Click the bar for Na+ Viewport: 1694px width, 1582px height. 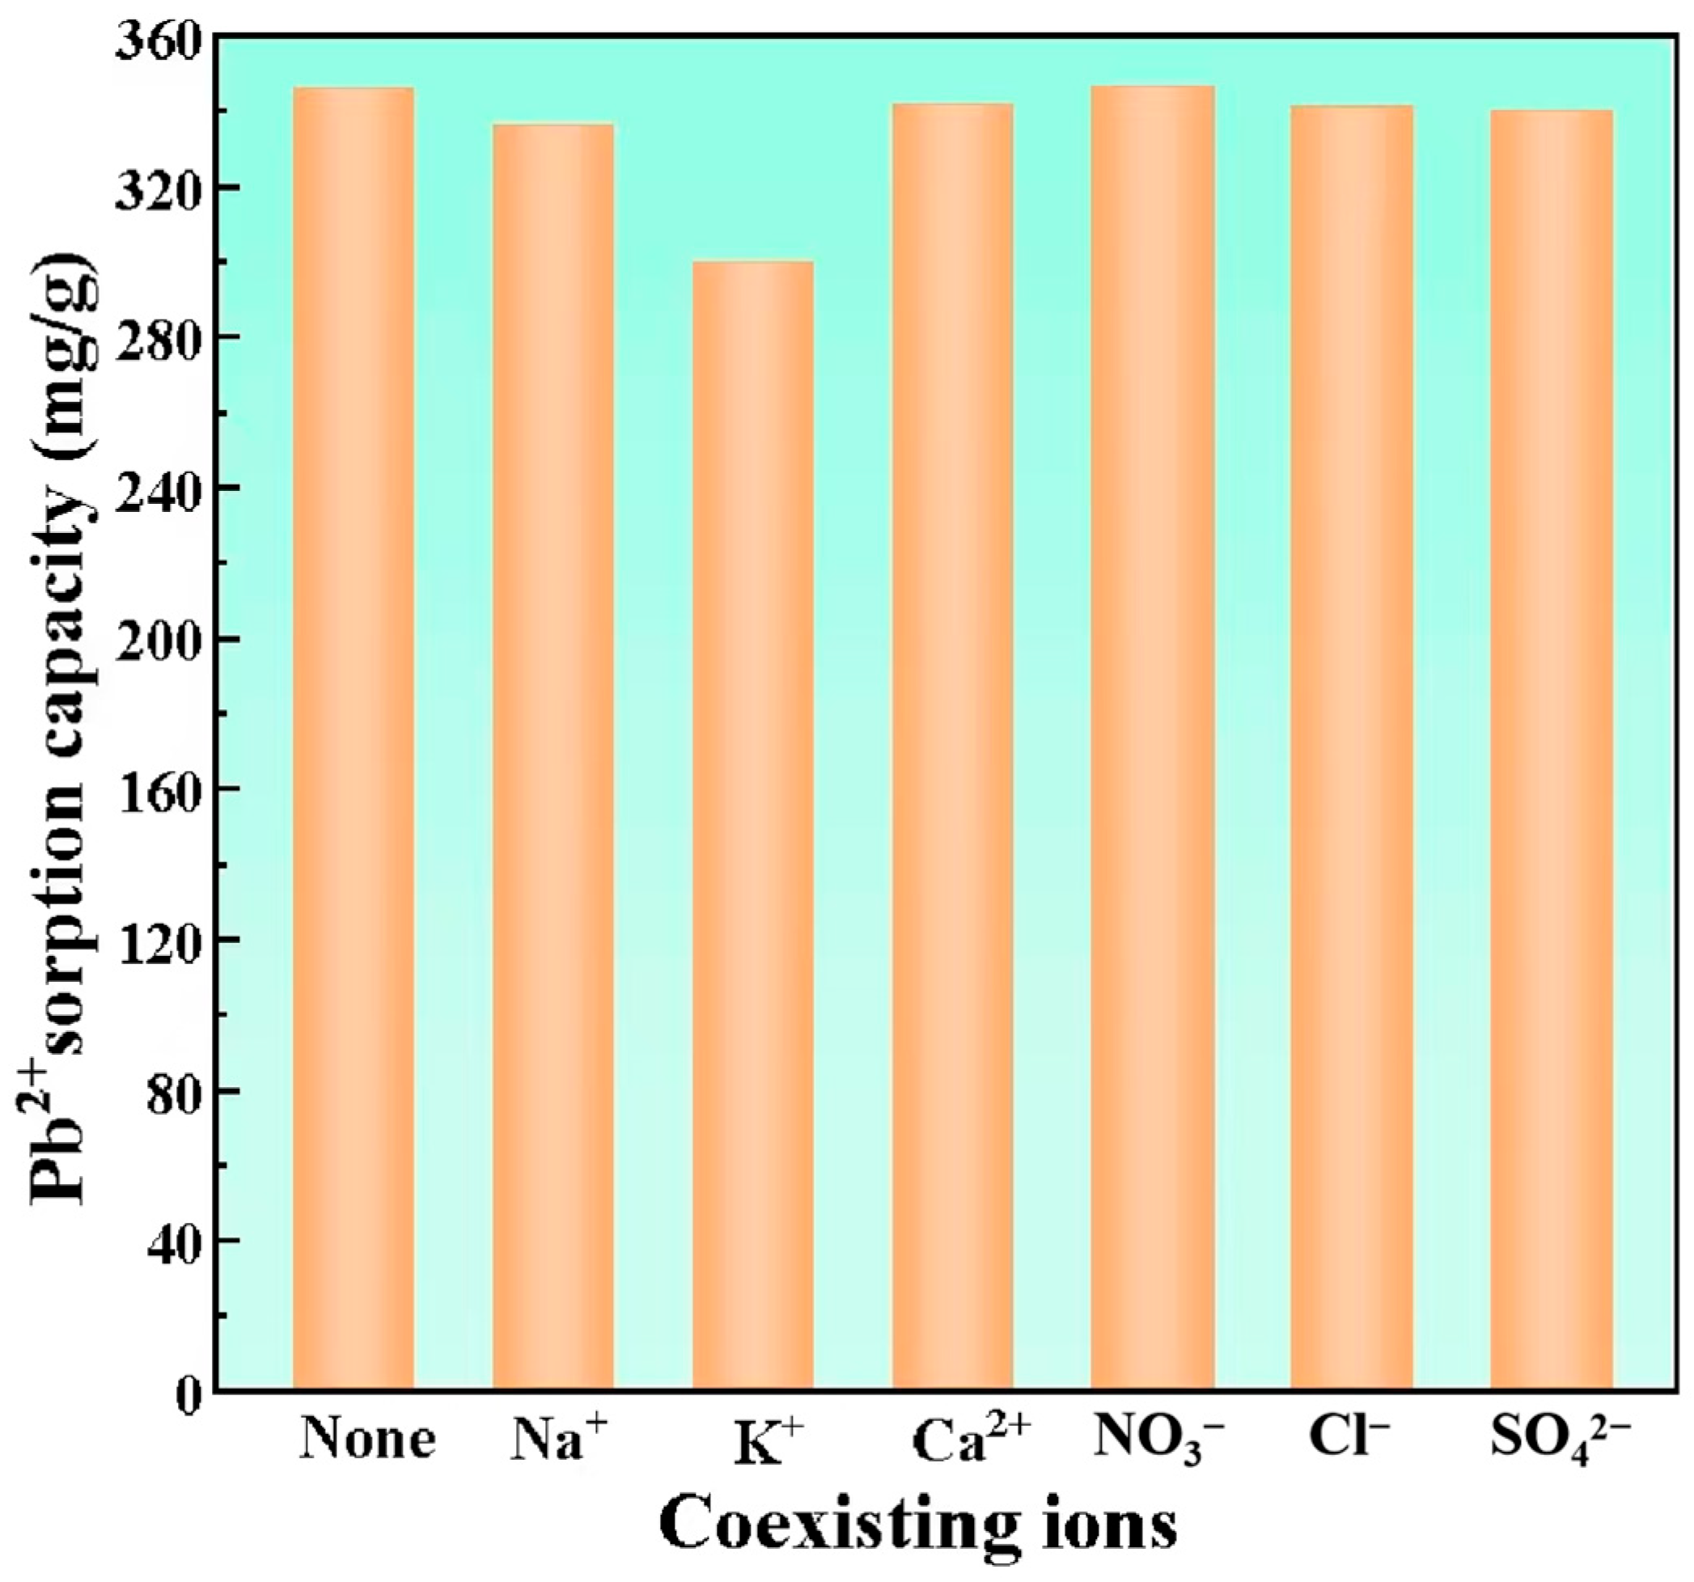(x=553, y=758)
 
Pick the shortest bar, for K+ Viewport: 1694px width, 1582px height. (x=752, y=827)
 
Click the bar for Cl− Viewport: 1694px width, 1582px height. (x=1353, y=749)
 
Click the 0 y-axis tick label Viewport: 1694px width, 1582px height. (x=189, y=1395)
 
